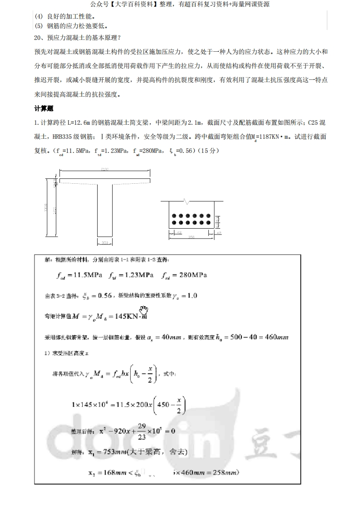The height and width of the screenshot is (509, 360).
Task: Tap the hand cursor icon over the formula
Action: pyautogui.click(x=144, y=311)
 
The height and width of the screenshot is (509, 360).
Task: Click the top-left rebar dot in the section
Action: pyautogui.click(x=175, y=216)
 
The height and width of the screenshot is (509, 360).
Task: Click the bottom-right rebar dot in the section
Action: pyautogui.click(x=207, y=223)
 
